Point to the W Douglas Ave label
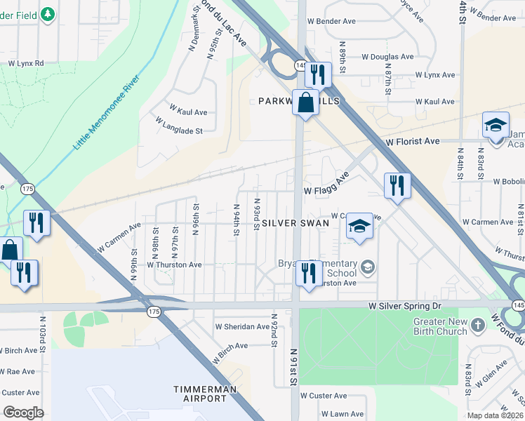(x=387, y=57)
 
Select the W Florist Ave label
(x=413, y=141)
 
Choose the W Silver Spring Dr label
(x=405, y=307)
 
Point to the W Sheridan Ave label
(x=242, y=326)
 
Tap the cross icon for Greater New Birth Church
(x=477, y=325)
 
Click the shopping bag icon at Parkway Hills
(x=306, y=102)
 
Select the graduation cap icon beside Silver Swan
(x=359, y=226)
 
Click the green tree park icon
(x=47, y=14)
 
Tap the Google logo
(x=23, y=413)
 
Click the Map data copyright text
(x=496, y=415)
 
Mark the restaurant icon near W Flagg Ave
(x=398, y=185)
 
